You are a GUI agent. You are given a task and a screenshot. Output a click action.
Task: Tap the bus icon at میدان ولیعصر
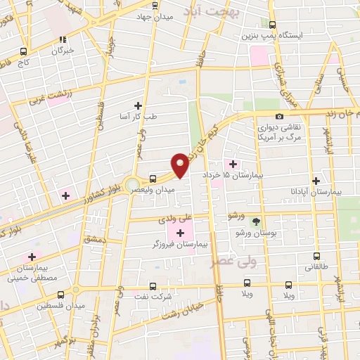point(154,179)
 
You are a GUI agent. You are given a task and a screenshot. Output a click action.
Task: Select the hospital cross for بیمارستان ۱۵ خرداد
point(233,164)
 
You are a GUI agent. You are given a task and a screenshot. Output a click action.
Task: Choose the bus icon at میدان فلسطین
point(60,295)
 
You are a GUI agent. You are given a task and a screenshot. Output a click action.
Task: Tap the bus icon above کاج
point(25,51)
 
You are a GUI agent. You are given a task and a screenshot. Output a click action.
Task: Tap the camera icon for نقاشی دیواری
point(280,116)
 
